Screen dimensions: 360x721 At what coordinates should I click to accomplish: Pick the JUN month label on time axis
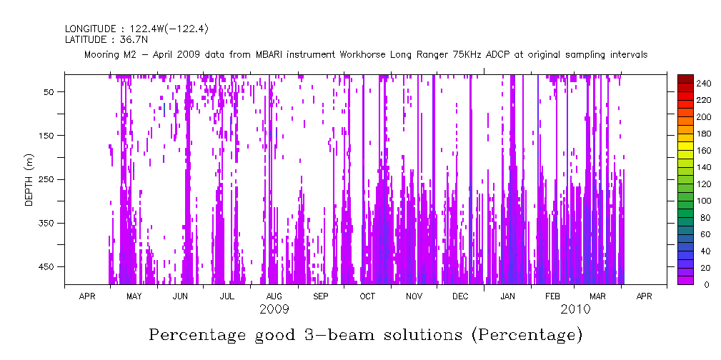tap(181, 296)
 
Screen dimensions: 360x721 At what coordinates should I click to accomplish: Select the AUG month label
tap(274, 296)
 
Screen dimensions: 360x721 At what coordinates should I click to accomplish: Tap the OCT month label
tap(367, 296)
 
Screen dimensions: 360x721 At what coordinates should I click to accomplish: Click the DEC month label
tap(460, 296)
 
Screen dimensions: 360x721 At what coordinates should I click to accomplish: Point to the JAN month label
tap(507, 296)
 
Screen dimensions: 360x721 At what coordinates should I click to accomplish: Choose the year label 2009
tap(274, 309)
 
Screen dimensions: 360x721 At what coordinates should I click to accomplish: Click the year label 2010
tap(575, 309)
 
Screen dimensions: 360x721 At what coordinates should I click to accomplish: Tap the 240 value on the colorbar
tap(704, 84)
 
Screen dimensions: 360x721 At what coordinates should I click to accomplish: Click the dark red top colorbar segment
tap(685, 78)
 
